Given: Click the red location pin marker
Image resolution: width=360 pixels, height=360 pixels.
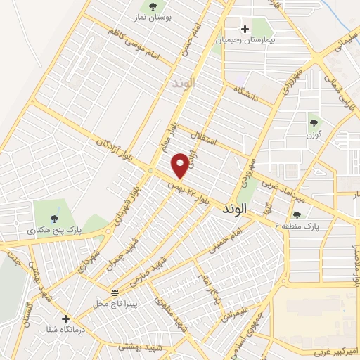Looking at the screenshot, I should coord(180,166).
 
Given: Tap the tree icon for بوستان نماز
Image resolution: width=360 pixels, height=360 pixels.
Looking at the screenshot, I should coord(153,6).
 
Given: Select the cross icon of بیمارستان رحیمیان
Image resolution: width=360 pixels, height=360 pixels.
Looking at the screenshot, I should coord(245,29).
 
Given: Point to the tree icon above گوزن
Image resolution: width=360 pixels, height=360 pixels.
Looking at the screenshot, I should coord(314,123).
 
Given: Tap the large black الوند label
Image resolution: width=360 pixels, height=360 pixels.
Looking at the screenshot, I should coord(235,209).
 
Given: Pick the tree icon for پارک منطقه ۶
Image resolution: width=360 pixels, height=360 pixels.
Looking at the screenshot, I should coord(296,215).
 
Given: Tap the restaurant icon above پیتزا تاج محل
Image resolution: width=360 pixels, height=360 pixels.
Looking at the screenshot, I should coord(115,292).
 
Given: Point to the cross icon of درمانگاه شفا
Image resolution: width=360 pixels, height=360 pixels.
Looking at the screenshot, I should coord(66,319).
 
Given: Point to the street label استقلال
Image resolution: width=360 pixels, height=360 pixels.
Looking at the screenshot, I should coord(214,138).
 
